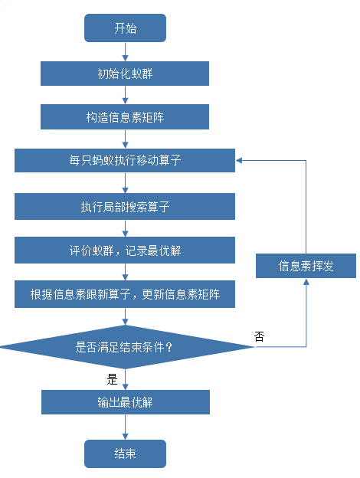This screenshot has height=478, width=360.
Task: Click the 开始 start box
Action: (125, 29)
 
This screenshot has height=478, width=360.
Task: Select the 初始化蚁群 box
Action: (125, 74)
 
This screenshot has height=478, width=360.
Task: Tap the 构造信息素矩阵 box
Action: (125, 117)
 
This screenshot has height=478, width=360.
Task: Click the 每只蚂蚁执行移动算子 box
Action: (125, 161)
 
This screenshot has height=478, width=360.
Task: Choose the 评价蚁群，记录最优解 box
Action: (125, 250)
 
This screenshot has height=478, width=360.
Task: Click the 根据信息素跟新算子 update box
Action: (125, 294)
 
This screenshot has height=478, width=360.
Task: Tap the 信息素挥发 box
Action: (306, 266)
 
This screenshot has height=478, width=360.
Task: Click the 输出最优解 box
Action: (125, 401)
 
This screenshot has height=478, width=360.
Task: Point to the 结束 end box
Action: (125, 453)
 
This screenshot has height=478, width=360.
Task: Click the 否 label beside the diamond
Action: (259, 336)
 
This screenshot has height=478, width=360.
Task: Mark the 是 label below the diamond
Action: (112, 378)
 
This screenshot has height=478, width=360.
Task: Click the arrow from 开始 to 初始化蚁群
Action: (125, 52)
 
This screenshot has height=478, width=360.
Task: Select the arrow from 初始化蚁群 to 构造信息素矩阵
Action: (125, 96)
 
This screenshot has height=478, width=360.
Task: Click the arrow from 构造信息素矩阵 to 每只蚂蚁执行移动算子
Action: (125, 139)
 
